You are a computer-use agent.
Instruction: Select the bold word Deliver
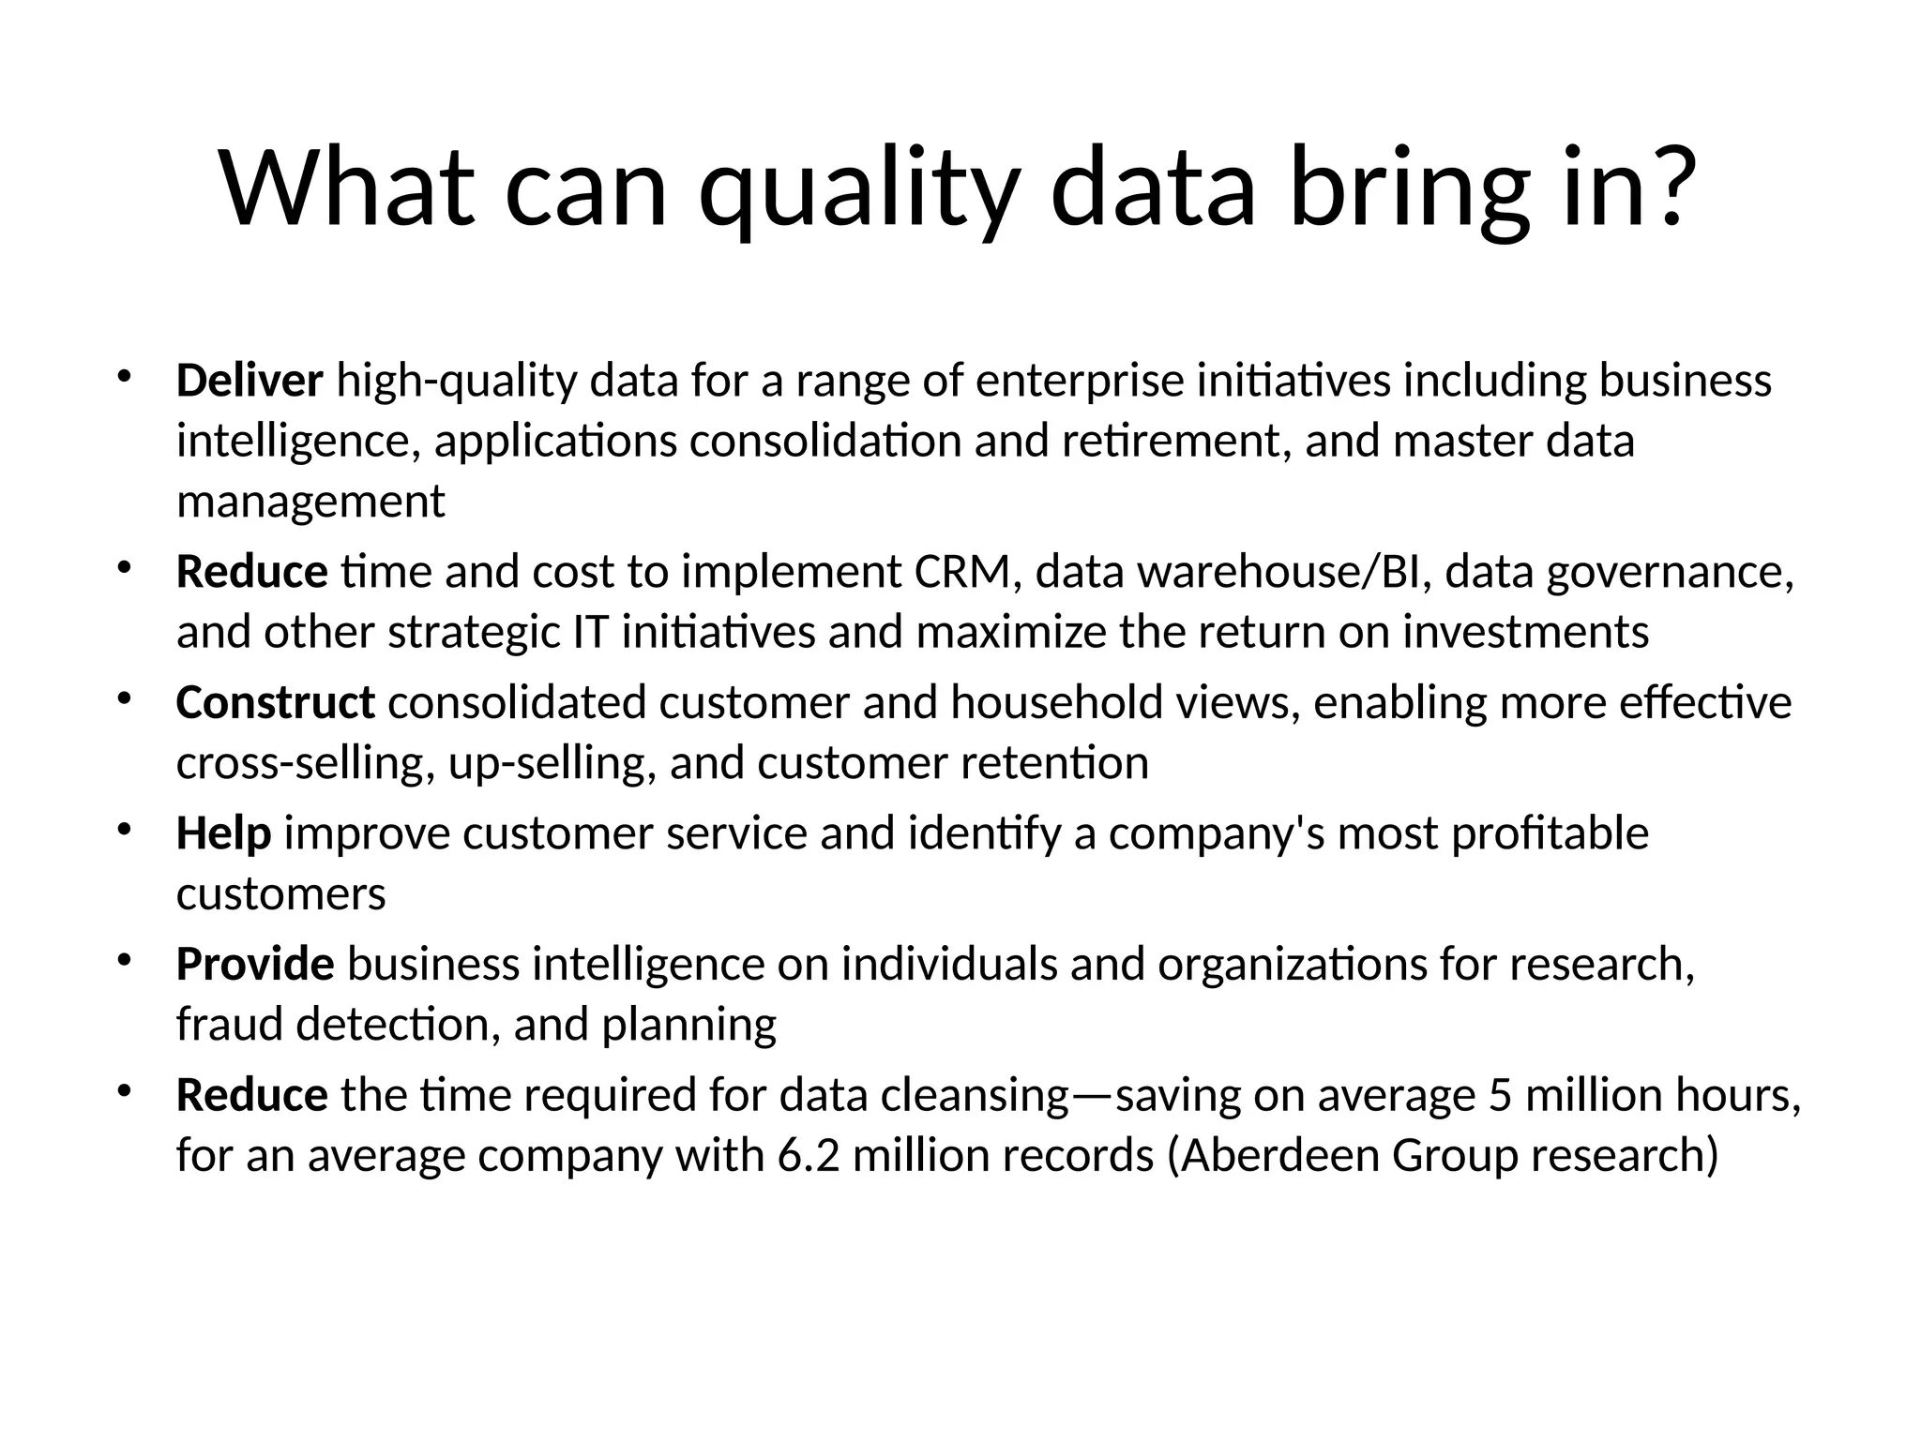tap(250, 381)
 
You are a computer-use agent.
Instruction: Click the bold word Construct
tap(276, 702)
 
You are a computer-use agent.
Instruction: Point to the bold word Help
tap(223, 832)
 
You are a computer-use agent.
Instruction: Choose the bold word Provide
tap(255, 964)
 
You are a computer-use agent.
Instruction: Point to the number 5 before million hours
tap(1501, 1095)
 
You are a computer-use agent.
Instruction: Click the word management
tap(310, 502)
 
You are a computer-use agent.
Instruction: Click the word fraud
tap(230, 1024)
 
